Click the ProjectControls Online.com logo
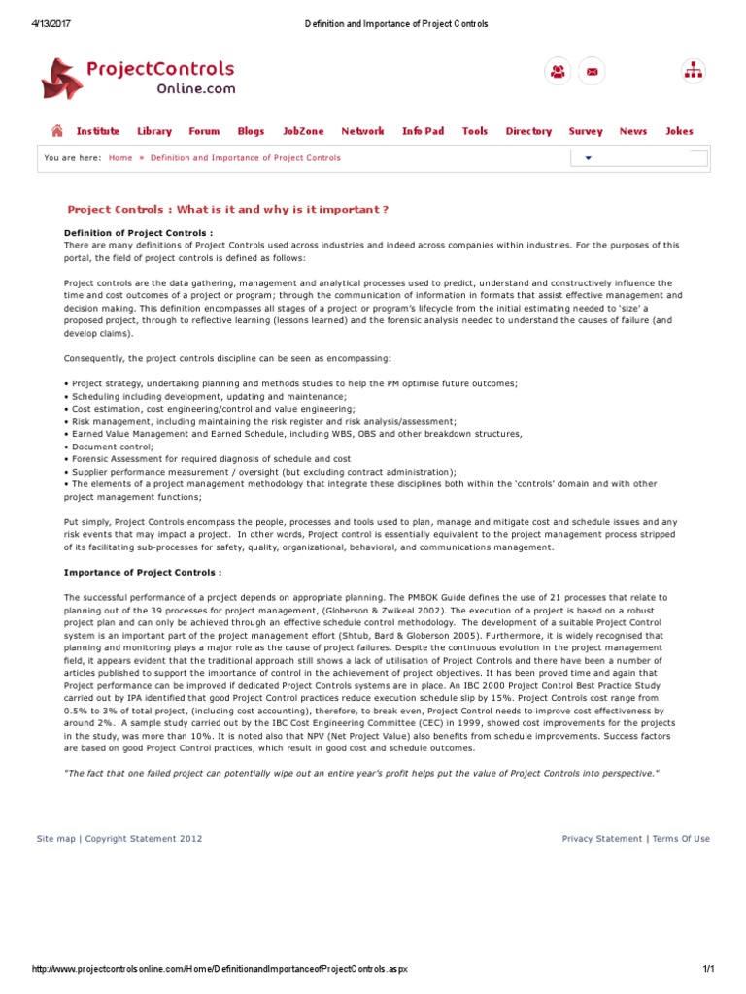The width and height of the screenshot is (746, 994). pos(137,78)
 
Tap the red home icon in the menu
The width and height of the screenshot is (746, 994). pos(57,131)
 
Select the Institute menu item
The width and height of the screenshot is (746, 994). pos(98,131)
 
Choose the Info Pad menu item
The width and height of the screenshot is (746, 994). pos(423,131)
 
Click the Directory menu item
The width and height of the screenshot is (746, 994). pos(528,131)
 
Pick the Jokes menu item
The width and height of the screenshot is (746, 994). pos(679,131)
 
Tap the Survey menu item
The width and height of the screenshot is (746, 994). pos(586,131)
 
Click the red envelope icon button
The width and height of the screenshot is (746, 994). pos(592,71)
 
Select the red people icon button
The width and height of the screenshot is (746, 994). pos(559,71)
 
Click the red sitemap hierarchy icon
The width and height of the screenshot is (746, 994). pos(694,71)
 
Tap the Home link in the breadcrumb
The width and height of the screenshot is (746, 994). pos(120,157)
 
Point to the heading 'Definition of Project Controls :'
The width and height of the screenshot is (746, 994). pos(138,233)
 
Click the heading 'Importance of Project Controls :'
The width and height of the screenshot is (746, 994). pos(143,573)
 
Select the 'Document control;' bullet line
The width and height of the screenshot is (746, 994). pos(103,447)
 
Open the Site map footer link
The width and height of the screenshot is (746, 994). pos(55,838)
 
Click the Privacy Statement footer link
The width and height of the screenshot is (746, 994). pos(602,838)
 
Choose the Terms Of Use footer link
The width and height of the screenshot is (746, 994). pos(681,838)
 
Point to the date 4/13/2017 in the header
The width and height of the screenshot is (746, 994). pos(51,23)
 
